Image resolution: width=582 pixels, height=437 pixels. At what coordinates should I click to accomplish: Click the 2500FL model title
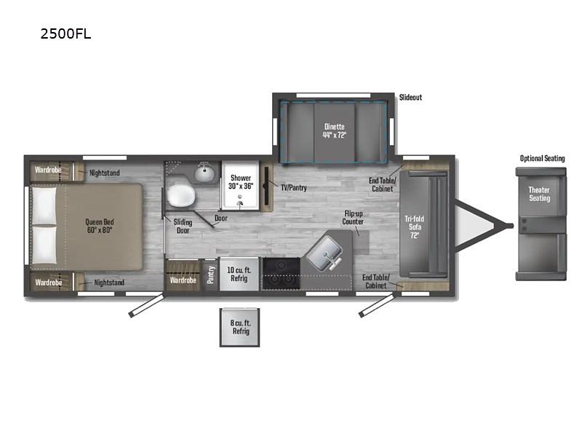click(x=66, y=34)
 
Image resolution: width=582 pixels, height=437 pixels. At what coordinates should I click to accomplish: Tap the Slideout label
click(x=410, y=97)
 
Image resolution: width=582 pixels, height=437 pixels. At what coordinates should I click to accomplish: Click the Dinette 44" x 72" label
click(x=334, y=130)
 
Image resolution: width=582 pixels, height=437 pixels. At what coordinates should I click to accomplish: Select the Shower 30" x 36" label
click(x=241, y=182)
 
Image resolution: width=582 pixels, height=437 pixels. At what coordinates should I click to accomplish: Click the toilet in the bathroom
click(x=180, y=196)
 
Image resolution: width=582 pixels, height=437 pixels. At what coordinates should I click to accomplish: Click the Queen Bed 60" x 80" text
click(x=99, y=227)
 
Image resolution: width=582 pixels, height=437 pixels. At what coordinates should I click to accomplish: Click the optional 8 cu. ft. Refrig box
click(x=240, y=327)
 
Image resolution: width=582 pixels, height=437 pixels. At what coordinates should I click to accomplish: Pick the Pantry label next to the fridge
click(x=210, y=275)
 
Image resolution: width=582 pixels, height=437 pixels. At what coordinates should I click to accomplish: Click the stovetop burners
click(x=281, y=275)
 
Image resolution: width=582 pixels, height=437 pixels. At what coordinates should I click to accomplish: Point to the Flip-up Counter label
click(x=354, y=217)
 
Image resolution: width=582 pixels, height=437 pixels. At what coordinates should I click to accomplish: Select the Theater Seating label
click(x=539, y=194)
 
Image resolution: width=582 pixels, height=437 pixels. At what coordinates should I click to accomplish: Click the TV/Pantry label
click(x=293, y=187)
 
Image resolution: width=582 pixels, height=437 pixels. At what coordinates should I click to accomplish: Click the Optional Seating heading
click(x=542, y=159)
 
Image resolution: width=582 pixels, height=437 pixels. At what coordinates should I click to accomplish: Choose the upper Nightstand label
click(x=105, y=173)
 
